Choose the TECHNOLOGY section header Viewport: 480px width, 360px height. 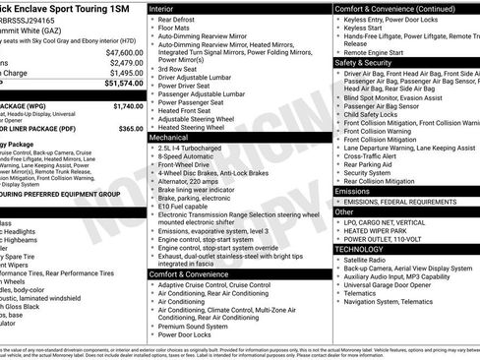[363, 250]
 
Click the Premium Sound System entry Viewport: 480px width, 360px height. [198, 326]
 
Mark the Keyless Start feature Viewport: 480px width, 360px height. [364, 30]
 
